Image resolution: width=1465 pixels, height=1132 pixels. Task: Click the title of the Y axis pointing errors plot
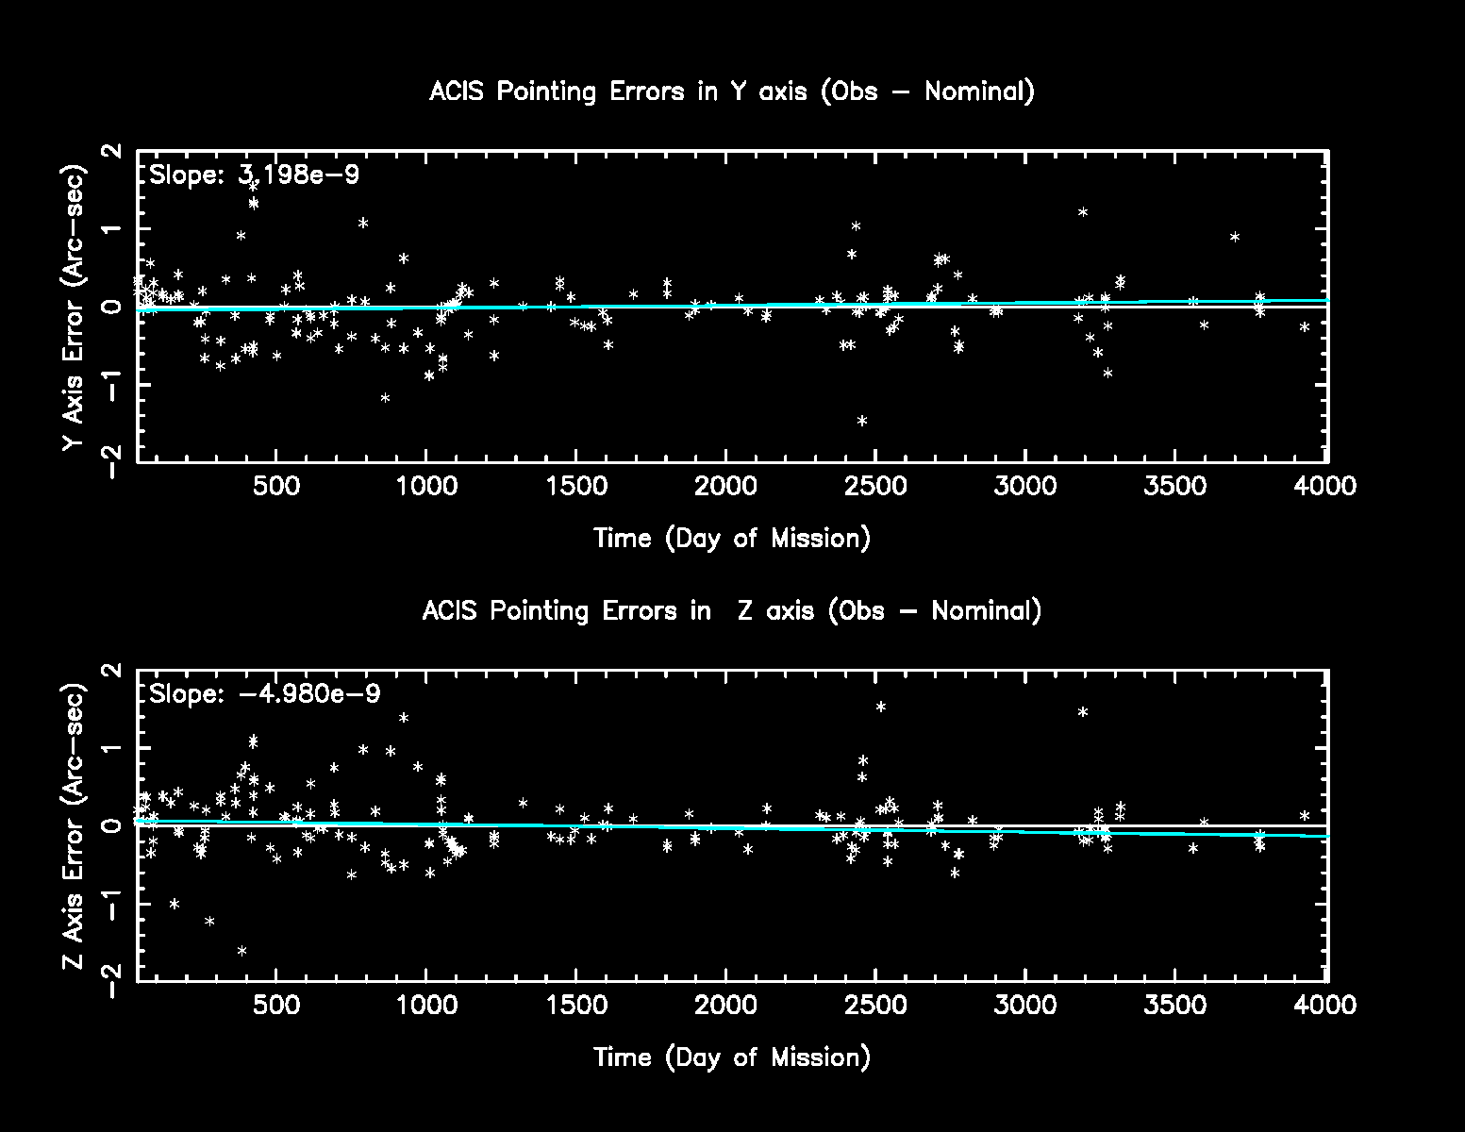(x=732, y=92)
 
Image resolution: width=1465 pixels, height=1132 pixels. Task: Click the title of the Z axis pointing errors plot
(x=732, y=611)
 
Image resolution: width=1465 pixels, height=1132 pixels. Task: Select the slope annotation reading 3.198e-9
(x=255, y=175)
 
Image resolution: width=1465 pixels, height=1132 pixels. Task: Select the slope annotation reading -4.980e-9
(x=265, y=694)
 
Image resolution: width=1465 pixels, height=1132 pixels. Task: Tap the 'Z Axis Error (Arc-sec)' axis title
(x=74, y=825)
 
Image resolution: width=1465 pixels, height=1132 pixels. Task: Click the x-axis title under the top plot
(x=732, y=539)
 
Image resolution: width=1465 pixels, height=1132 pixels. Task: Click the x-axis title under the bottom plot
(x=732, y=1057)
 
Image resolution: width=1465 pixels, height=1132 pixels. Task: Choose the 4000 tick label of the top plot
(x=1327, y=487)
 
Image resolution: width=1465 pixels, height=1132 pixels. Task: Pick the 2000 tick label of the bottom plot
(x=726, y=1006)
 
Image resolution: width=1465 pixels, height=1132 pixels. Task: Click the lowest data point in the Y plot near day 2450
(x=861, y=421)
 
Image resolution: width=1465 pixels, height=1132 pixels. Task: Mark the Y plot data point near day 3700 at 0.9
(x=1234, y=237)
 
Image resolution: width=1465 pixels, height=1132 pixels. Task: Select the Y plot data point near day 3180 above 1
(x=1083, y=212)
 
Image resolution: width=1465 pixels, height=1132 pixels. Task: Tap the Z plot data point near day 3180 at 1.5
(x=1083, y=712)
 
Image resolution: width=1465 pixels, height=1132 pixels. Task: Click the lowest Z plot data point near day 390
(x=241, y=951)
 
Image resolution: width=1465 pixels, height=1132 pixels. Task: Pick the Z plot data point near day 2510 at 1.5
(x=880, y=707)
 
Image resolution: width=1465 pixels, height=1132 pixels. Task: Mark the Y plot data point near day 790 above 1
(x=362, y=223)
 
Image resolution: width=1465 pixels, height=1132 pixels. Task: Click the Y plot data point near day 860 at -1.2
(x=385, y=398)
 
